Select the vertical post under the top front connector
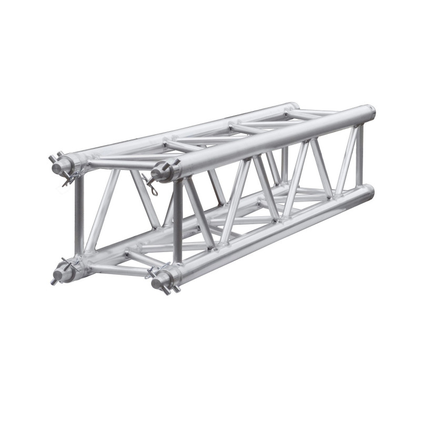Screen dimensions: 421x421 [x=178, y=221]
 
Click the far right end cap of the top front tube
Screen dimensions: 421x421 [x=372, y=112]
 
